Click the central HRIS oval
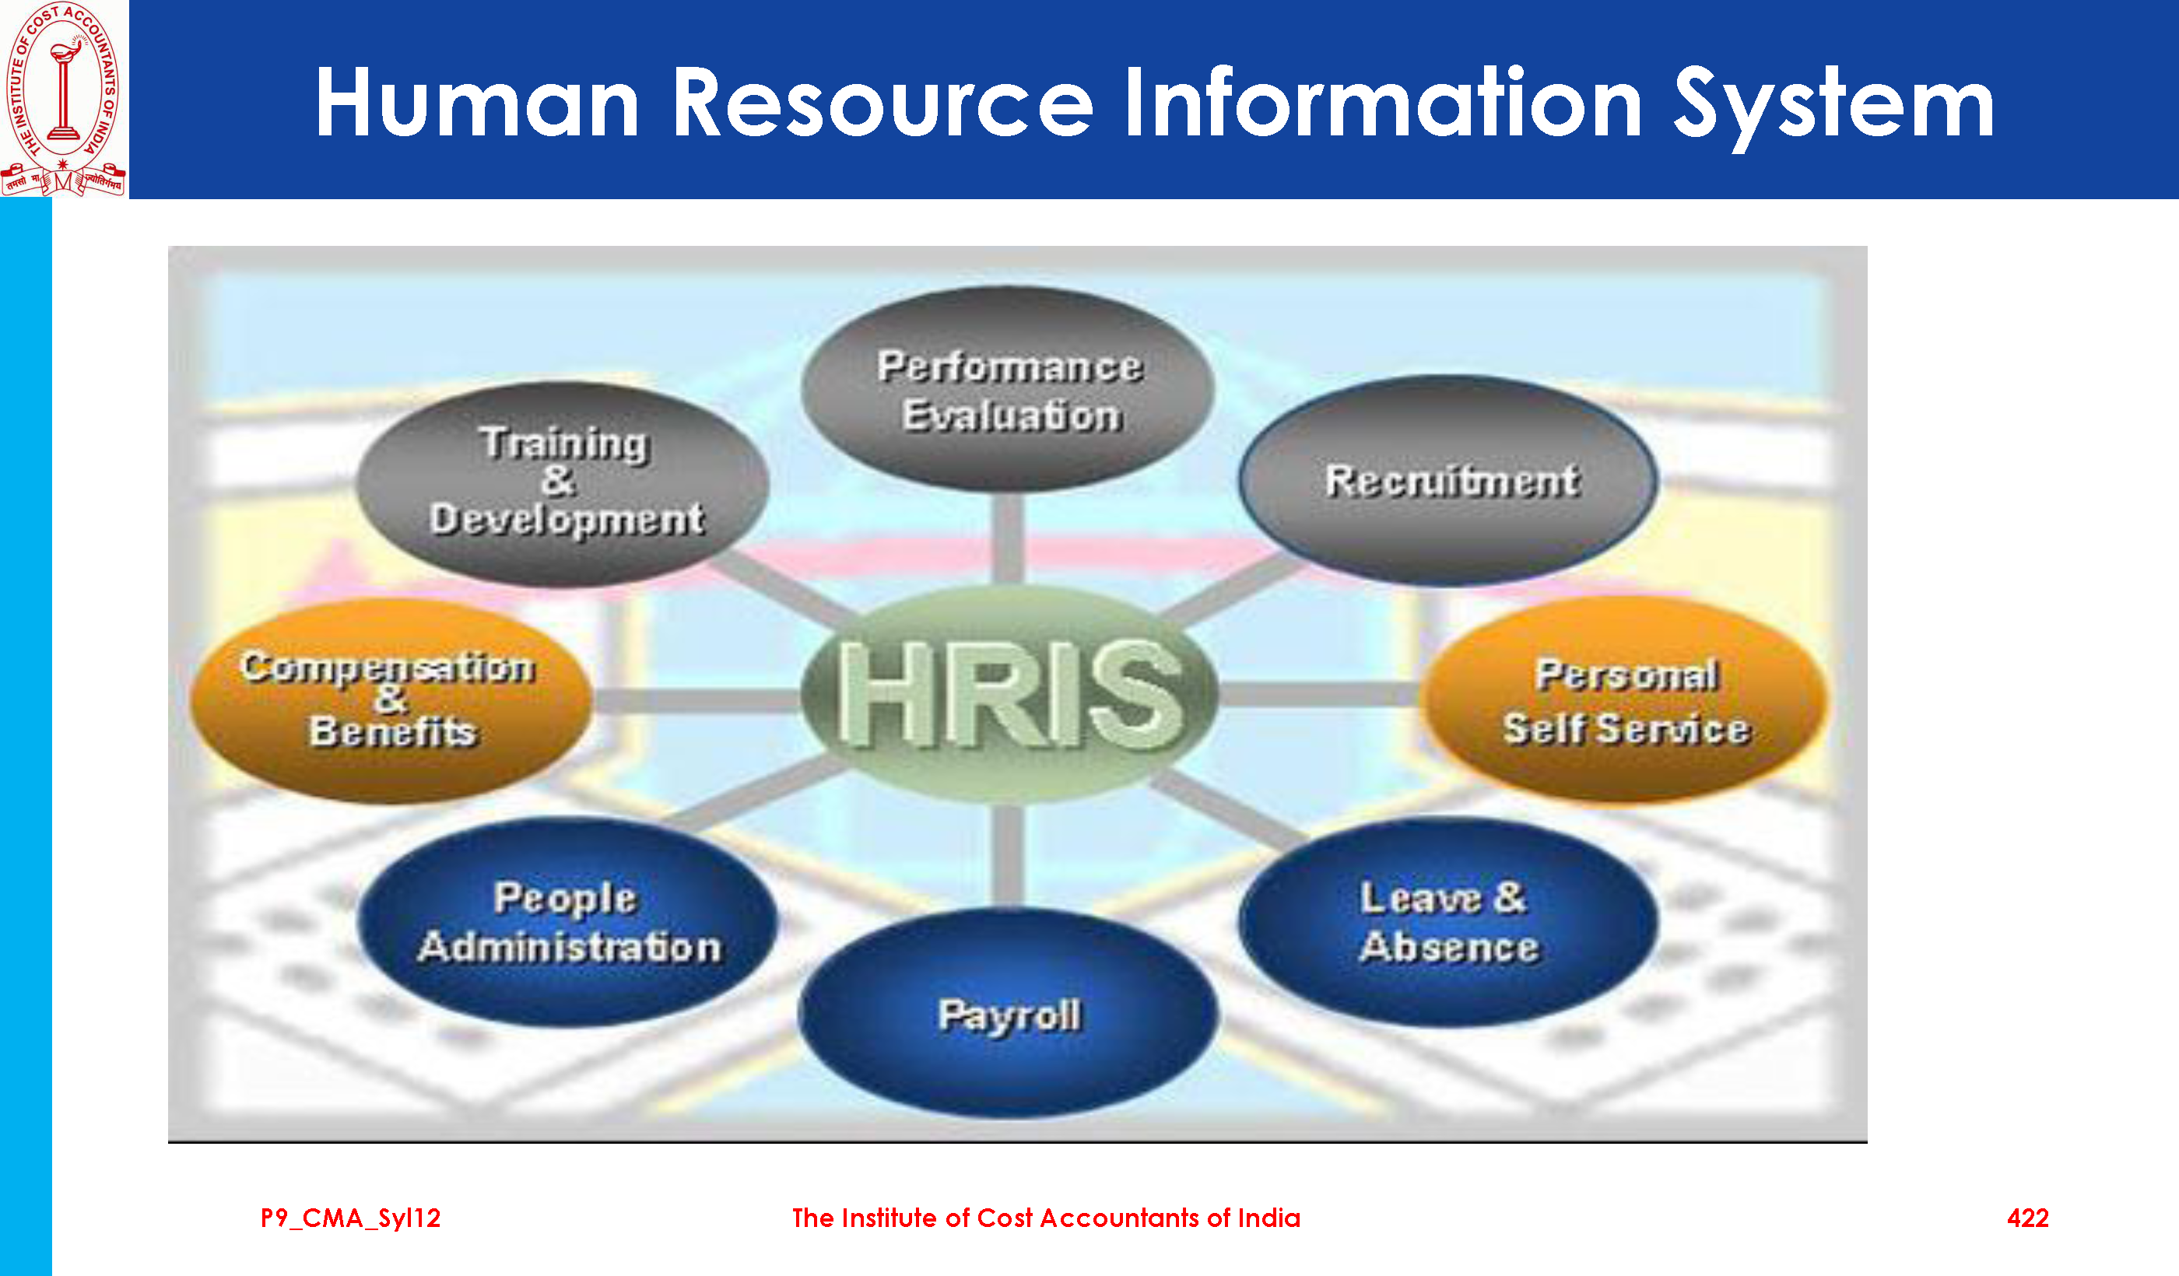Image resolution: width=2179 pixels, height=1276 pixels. coord(1009,694)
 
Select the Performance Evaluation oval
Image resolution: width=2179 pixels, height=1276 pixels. coord(1009,390)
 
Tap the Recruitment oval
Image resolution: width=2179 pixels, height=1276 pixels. coord(1449,481)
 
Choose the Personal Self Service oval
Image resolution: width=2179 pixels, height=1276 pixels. coord(1626,700)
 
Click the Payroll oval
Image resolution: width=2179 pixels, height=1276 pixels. coord(1009,1013)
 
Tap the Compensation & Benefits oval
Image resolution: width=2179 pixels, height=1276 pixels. coord(391,700)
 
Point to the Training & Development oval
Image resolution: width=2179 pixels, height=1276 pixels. coord(563,484)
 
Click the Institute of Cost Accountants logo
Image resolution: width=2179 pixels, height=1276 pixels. coord(64,99)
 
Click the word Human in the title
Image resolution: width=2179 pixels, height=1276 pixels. coord(477,103)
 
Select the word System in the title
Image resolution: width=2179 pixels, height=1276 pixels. coord(1834,107)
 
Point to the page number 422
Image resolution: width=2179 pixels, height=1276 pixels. coord(2028,1218)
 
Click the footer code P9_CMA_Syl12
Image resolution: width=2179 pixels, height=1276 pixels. coord(350,1219)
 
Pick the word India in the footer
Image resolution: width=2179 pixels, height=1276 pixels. coord(1268,1218)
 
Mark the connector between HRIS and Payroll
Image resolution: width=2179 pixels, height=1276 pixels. coord(1009,856)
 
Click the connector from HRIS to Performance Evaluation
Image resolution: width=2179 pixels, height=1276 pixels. coord(1009,539)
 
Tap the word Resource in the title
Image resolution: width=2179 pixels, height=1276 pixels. coord(882,103)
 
